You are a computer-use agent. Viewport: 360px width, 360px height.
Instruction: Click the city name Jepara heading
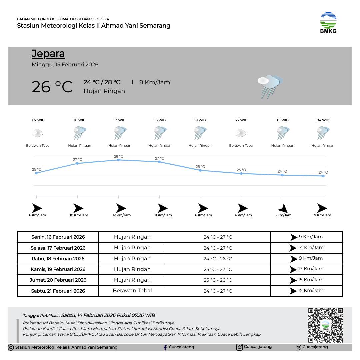(x=48, y=54)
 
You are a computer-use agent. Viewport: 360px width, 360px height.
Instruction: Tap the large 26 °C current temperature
(x=52, y=87)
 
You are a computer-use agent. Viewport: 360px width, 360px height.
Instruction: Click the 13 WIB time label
(x=120, y=120)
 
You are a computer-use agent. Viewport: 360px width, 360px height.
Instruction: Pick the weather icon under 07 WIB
(x=38, y=134)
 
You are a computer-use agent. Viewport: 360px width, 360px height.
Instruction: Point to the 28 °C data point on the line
(x=118, y=160)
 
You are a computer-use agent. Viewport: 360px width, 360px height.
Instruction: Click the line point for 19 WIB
(x=200, y=170)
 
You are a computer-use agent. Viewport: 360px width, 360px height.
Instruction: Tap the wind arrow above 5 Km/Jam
(x=283, y=208)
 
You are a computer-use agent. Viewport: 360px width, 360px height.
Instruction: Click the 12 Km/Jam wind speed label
(x=121, y=215)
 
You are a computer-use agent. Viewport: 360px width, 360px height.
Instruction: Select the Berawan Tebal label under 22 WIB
(x=241, y=146)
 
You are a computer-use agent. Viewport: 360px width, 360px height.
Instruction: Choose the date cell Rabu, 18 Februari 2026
(x=58, y=259)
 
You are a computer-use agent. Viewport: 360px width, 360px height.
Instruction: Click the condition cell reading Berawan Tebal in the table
(x=132, y=291)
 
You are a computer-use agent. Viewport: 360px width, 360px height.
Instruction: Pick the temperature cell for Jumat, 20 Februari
(x=218, y=280)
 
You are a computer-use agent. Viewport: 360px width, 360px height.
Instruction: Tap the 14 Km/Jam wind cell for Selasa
(x=307, y=248)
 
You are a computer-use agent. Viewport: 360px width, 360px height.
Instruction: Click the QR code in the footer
(x=325, y=325)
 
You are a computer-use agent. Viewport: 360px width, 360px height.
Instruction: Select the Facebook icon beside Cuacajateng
(x=165, y=347)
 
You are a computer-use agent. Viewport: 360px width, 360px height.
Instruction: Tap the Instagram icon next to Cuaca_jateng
(x=239, y=347)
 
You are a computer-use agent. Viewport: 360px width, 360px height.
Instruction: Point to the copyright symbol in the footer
(x=11, y=348)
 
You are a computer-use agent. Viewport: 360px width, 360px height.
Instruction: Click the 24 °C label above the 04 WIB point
(x=323, y=172)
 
